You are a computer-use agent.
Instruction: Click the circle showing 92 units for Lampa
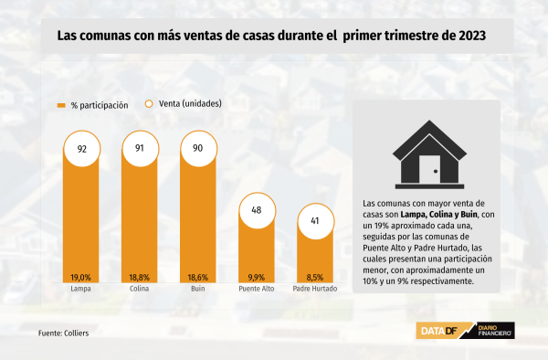click(82, 149)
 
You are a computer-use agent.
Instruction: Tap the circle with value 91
click(140, 149)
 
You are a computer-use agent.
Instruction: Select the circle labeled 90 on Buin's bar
click(198, 149)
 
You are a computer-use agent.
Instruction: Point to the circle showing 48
click(258, 211)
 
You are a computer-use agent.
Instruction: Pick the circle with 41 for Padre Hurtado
click(316, 221)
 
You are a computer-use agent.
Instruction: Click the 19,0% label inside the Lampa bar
click(80, 278)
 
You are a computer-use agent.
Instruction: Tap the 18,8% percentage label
click(140, 278)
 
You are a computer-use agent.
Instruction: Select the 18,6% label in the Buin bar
click(198, 278)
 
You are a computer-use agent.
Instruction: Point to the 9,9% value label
click(257, 278)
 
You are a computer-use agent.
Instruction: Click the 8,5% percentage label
click(315, 278)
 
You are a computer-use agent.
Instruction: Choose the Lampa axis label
click(80, 289)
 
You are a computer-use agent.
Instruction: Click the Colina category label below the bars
click(139, 289)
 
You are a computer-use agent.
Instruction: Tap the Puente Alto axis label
click(257, 289)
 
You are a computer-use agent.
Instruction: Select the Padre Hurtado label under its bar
click(315, 289)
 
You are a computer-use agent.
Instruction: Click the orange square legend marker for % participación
click(61, 106)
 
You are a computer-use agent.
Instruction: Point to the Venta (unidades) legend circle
click(149, 104)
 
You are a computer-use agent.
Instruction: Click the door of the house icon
click(429, 169)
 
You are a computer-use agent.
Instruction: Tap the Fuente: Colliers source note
click(64, 334)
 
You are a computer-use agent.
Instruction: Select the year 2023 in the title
click(472, 36)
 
